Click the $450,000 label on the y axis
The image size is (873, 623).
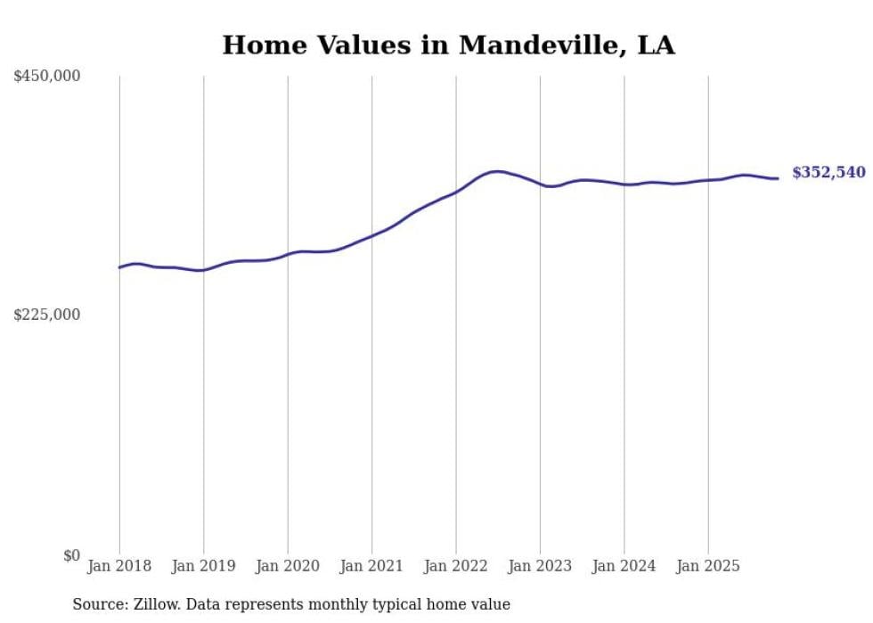[x=47, y=77]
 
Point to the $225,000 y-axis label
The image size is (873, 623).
[x=47, y=315]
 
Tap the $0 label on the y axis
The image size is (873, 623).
[x=71, y=555]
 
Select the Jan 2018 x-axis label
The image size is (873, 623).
[x=119, y=566]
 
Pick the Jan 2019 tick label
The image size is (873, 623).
[x=203, y=566]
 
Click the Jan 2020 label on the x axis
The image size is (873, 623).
[x=288, y=566]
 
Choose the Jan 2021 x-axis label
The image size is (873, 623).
[x=371, y=566]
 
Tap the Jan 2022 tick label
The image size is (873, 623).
[x=456, y=566]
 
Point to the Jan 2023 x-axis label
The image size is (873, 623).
[x=540, y=566]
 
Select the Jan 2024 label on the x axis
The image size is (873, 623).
[x=624, y=566]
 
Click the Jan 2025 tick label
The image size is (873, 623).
[x=708, y=566]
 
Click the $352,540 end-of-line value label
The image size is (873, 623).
[x=828, y=173]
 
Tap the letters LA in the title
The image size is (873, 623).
[x=656, y=45]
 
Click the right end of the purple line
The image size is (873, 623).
[x=778, y=178]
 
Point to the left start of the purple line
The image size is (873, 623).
[x=119, y=267]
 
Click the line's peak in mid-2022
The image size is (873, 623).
[x=496, y=171]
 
